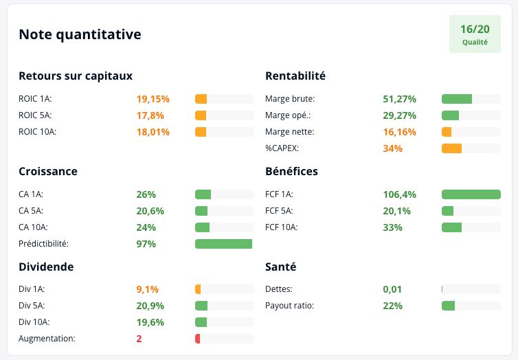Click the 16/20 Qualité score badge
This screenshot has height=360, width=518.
(475, 34)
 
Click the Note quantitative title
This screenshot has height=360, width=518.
(80, 34)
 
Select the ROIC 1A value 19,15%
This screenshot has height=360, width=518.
(153, 99)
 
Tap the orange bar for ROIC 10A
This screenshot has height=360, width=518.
(201, 132)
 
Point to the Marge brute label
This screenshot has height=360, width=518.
(290, 99)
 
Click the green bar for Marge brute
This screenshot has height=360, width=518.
(457, 99)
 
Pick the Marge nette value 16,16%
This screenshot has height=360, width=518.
(399, 132)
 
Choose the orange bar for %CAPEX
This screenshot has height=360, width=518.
(451, 148)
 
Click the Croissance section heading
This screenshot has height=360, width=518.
(48, 171)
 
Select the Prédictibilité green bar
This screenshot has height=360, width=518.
(224, 244)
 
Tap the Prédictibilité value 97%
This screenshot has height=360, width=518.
(146, 244)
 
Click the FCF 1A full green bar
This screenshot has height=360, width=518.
(471, 194)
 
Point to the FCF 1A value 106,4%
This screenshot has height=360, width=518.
(399, 194)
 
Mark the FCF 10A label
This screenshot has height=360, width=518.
(281, 227)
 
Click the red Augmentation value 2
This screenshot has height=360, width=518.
(139, 339)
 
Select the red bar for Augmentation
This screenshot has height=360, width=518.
(198, 339)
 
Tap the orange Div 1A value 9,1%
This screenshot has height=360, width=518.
(147, 289)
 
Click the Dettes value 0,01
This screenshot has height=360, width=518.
(392, 289)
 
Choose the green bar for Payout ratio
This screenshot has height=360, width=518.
(448, 306)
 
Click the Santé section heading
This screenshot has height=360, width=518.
(280, 267)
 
